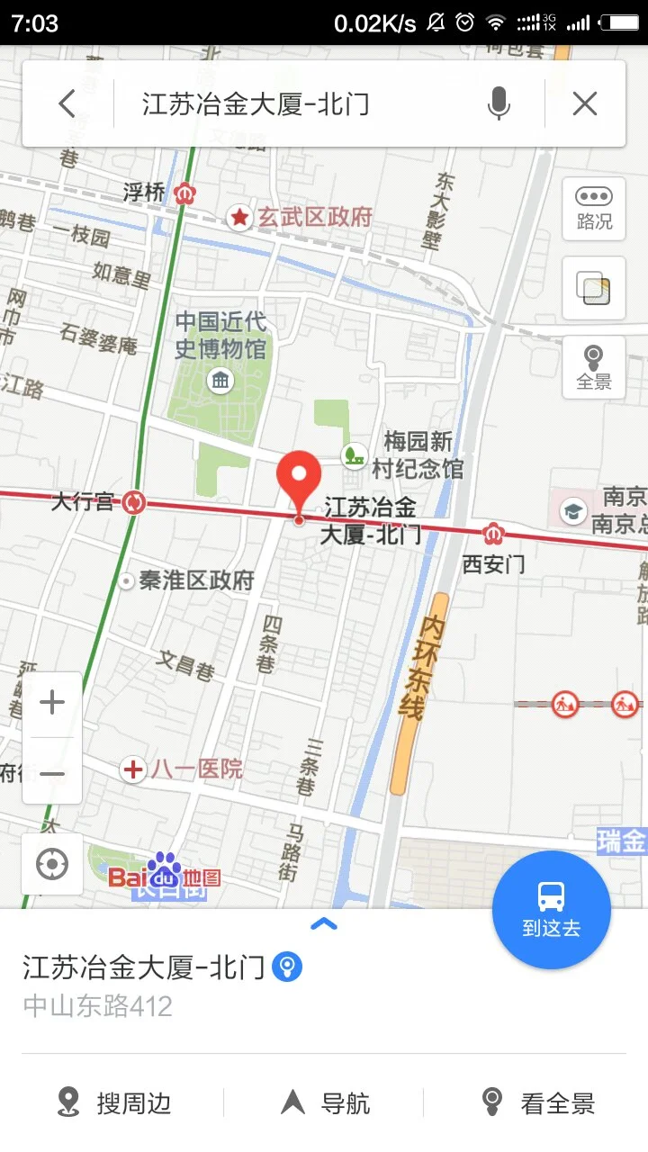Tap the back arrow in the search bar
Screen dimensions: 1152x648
(x=67, y=104)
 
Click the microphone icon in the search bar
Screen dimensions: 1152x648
(x=499, y=104)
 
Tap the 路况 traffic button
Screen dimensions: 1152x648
(x=594, y=209)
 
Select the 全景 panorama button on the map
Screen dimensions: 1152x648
(x=594, y=367)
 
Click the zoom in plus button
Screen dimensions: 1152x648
(x=52, y=703)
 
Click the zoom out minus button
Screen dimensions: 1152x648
(x=52, y=773)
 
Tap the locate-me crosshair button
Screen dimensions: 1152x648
(x=52, y=864)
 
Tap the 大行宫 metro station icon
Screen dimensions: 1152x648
(x=135, y=502)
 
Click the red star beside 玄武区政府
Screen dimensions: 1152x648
(x=239, y=217)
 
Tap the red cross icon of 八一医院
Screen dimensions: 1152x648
(x=133, y=769)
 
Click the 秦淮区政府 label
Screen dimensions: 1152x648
(x=196, y=580)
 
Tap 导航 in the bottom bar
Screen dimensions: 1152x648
(x=326, y=1102)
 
